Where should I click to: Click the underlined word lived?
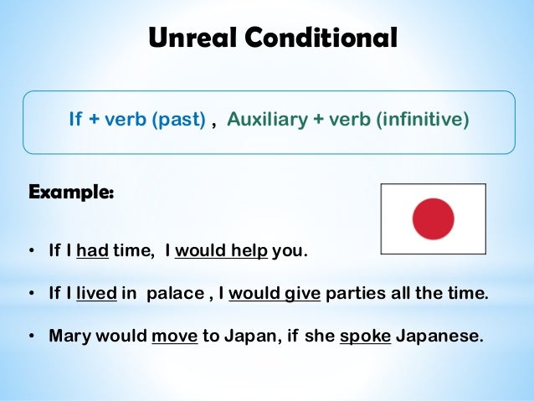pyautogui.click(x=95, y=295)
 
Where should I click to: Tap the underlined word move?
pyautogui.click(x=174, y=336)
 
